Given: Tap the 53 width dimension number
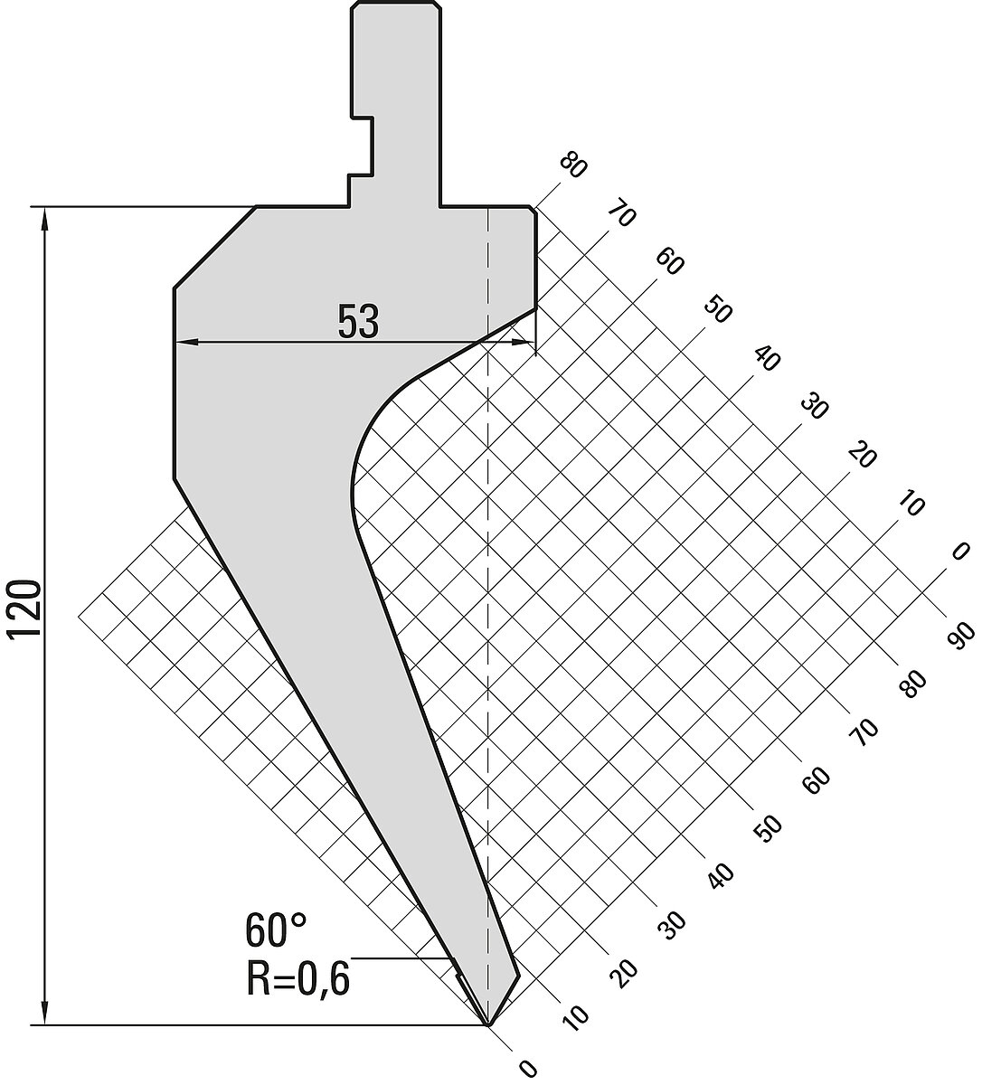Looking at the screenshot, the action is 358,321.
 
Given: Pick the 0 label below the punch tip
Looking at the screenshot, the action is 528,1069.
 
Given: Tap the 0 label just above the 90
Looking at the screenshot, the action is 959,552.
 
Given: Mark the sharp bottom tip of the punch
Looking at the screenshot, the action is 488,1024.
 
